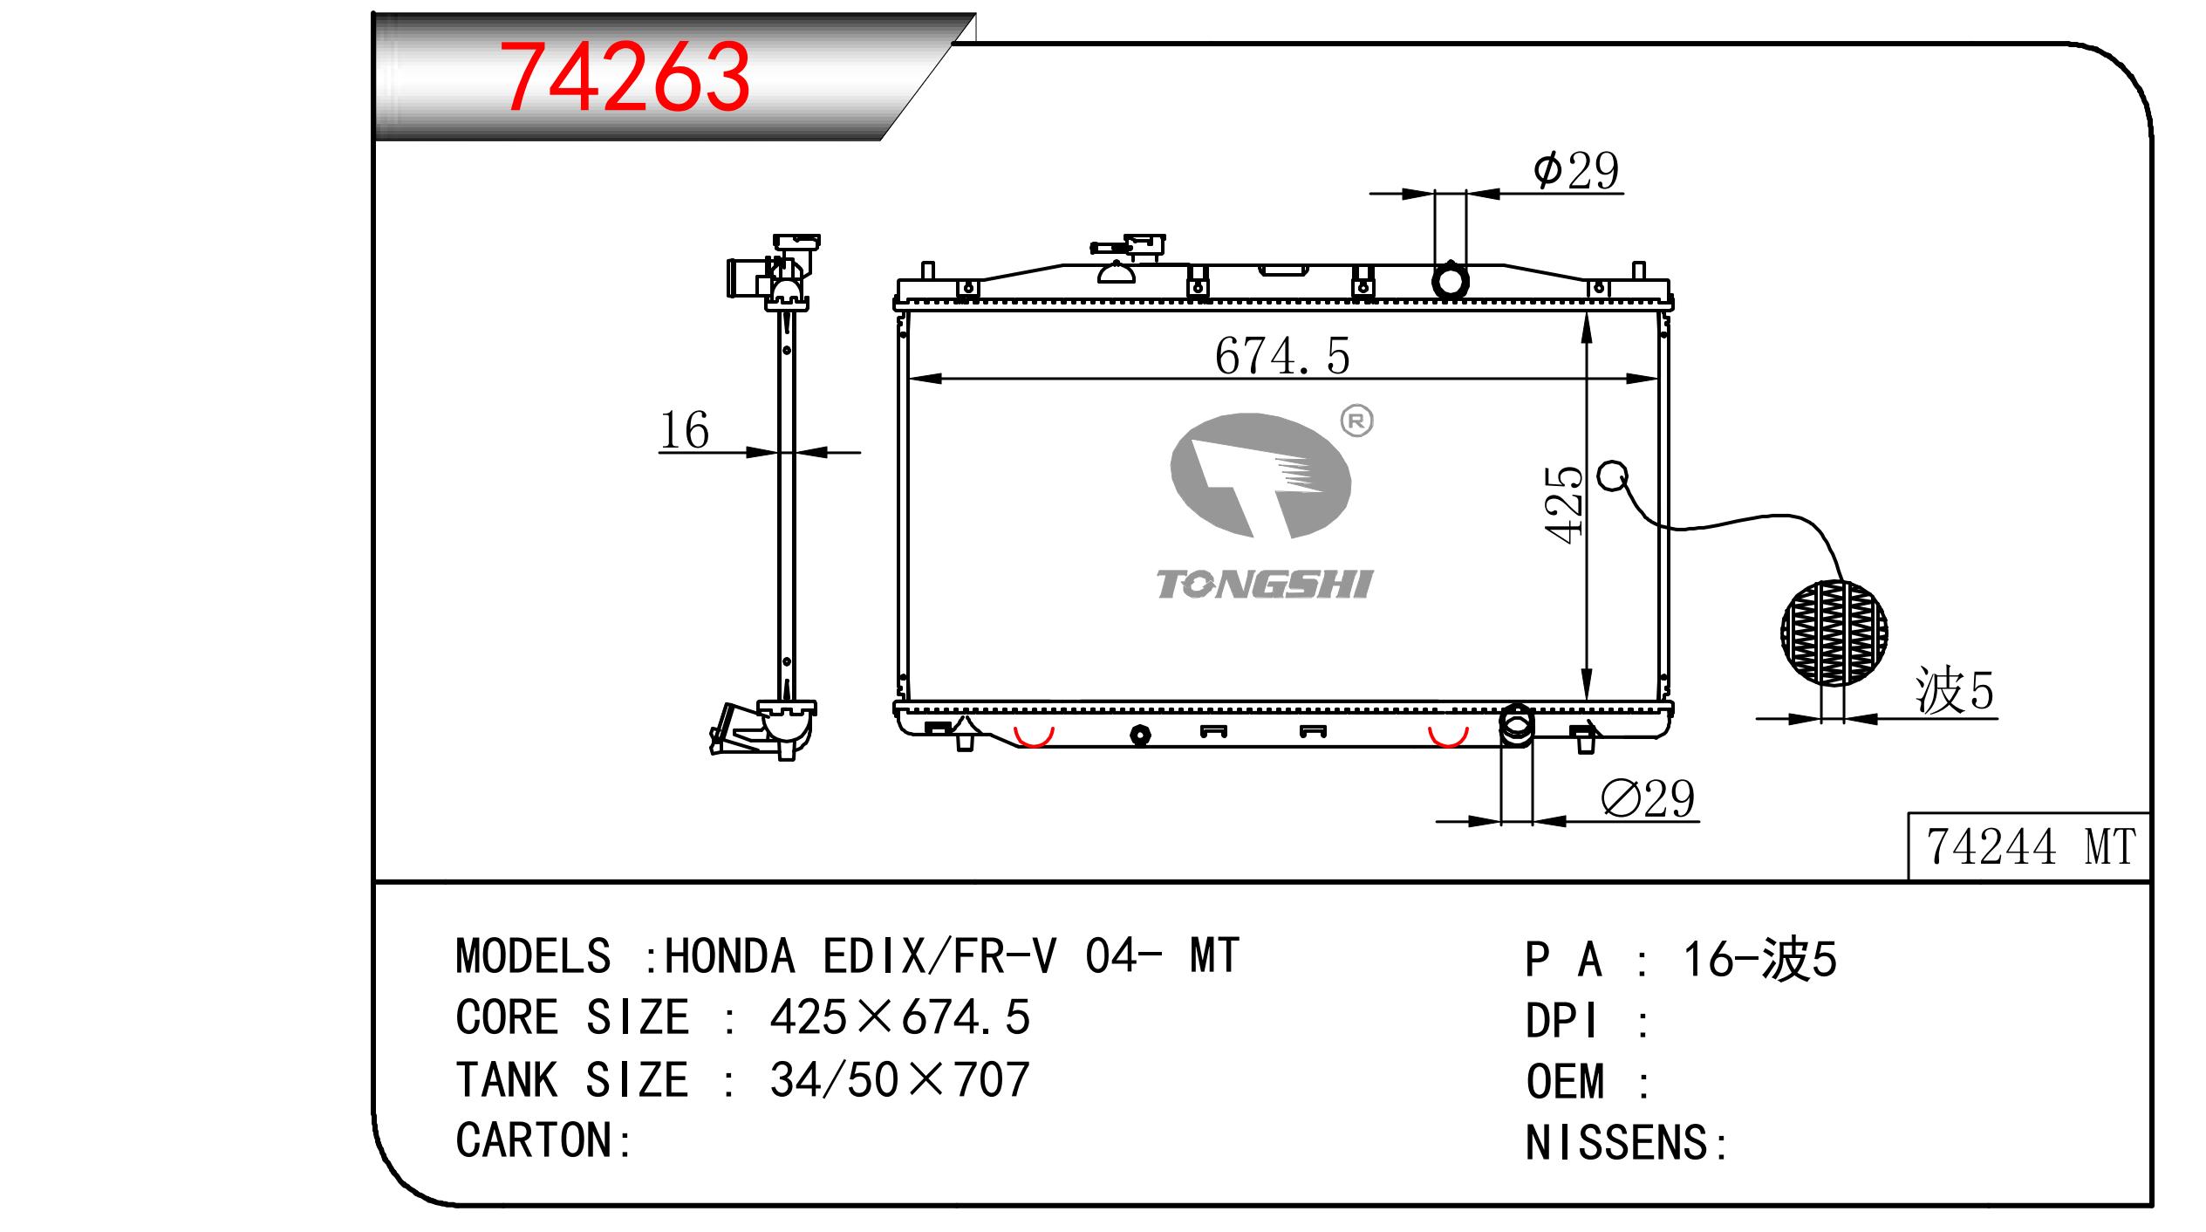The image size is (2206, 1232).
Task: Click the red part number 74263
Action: pos(626,78)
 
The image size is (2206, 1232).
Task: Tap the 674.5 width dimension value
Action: pos(1281,356)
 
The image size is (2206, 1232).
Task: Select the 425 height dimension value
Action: pos(1564,505)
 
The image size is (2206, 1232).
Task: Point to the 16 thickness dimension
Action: pos(685,430)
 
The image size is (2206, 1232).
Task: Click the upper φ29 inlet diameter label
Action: pos(1576,170)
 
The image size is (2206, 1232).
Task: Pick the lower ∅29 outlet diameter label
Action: pos(1648,798)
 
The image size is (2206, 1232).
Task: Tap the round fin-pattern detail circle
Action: pos(1834,632)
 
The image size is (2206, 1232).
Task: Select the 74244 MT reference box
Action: pos(2029,845)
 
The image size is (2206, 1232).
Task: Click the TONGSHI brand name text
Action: pos(1265,585)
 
